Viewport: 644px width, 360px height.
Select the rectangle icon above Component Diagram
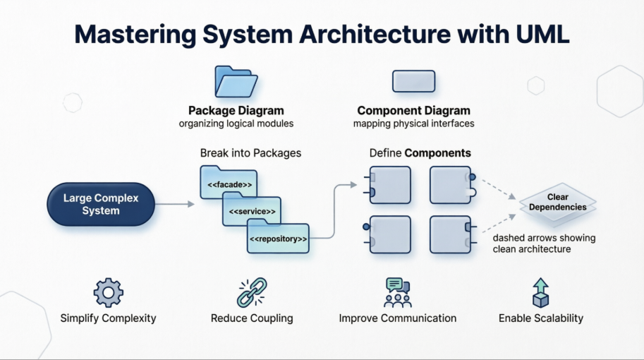pos(413,81)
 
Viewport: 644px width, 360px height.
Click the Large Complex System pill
pos(101,204)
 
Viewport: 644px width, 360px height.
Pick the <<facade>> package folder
pos(229,183)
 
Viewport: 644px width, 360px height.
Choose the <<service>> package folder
pos(252,211)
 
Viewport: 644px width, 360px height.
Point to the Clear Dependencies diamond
pos(557,203)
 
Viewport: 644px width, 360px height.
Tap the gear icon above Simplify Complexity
pos(108,292)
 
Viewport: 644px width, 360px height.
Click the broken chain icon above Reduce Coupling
pos(252,292)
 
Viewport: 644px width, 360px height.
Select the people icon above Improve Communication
pos(397,292)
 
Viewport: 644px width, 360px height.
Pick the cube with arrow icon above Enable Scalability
pos(541,292)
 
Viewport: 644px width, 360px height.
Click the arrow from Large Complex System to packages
pos(174,204)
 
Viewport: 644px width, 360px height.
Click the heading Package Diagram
pos(236,111)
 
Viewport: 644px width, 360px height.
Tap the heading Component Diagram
pos(413,111)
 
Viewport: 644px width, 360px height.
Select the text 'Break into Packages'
pos(250,153)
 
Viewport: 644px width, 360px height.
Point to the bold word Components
pos(437,153)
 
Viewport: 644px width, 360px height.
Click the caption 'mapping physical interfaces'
pos(413,124)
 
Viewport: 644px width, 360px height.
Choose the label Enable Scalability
pos(541,318)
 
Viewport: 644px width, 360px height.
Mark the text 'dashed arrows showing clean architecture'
pos(543,244)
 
